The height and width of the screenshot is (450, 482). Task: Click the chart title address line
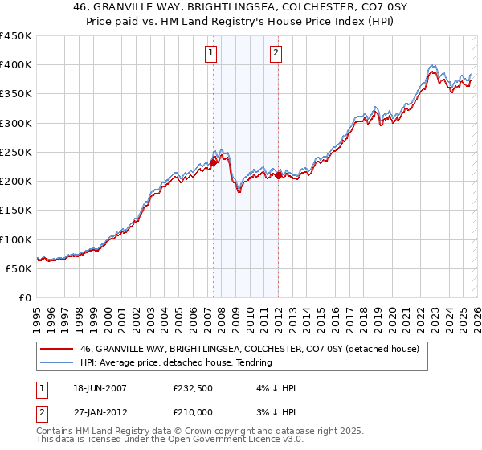pos(241,9)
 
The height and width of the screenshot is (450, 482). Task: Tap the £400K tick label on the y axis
pos(15,65)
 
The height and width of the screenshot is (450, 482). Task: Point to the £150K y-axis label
pos(15,211)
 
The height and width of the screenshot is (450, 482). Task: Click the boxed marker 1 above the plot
pos(210,54)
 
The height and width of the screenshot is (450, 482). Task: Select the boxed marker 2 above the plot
pos(276,54)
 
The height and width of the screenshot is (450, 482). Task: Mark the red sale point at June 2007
pos(213,162)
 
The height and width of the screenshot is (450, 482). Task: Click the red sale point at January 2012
pos(278,175)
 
